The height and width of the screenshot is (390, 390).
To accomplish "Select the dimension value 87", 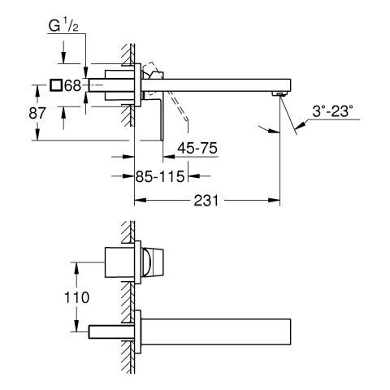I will (37, 113).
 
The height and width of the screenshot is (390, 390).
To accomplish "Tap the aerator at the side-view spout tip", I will (280, 94).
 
